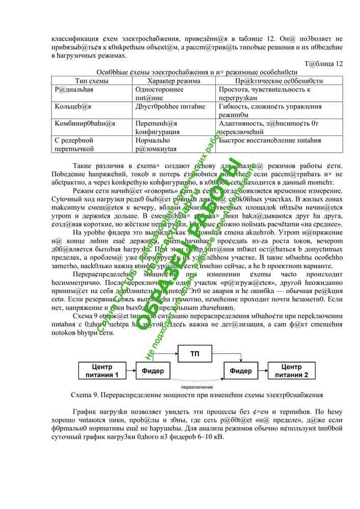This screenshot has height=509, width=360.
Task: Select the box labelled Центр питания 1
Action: click(x=102, y=371)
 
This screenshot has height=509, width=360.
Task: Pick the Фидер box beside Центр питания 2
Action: click(x=240, y=371)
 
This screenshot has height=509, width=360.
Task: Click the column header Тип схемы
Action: click(x=92, y=81)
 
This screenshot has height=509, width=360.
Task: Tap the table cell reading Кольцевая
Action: click(x=73, y=106)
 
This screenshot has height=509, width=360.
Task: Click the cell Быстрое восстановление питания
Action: click(x=269, y=140)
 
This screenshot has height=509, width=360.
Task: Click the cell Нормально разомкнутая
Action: click(x=155, y=145)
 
